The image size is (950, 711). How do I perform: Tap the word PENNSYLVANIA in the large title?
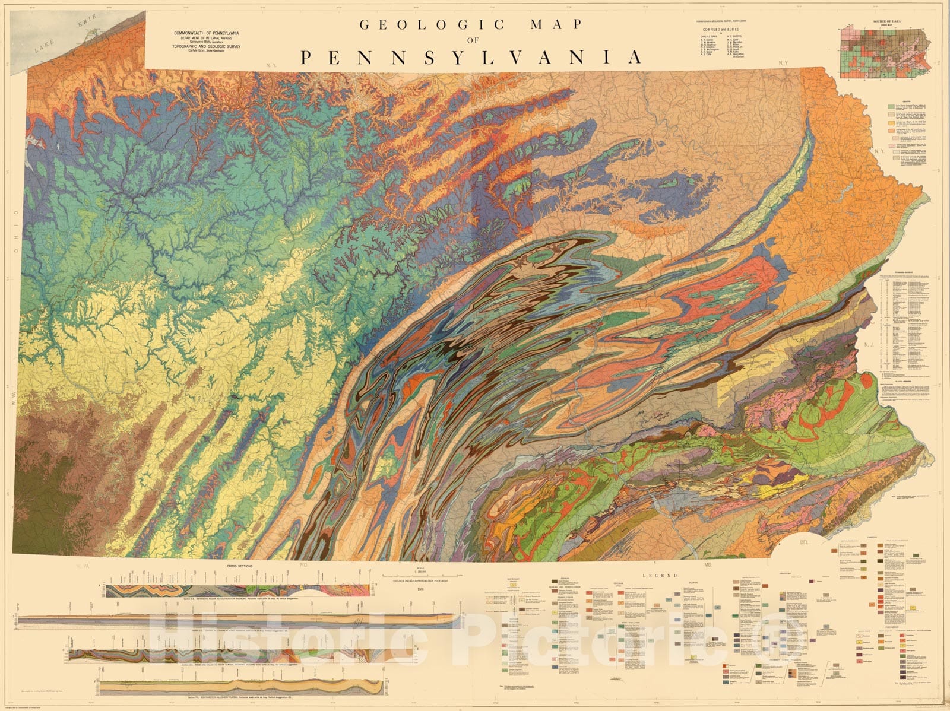[x=471, y=57]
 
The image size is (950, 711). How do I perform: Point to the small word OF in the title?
[x=472, y=40]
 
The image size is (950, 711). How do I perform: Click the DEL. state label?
[x=806, y=542]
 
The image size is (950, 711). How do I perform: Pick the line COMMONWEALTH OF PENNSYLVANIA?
[x=205, y=32]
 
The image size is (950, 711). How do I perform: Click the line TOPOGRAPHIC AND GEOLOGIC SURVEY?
[x=205, y=45]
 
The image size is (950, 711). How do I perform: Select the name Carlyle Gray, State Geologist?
[x=205, y=50]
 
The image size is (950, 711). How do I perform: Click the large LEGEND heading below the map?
[x=664, y=575]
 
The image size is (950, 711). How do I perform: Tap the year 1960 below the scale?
[x=421, y=589]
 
